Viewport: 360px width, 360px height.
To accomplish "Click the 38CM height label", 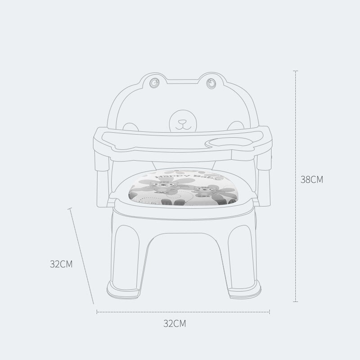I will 312,179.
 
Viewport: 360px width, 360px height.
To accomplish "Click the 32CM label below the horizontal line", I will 175,323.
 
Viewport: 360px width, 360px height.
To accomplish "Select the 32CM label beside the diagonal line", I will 61,264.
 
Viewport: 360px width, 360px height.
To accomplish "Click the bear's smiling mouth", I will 182,126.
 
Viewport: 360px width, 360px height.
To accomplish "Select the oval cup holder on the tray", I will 227,144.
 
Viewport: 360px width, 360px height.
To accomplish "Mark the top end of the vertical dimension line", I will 296,71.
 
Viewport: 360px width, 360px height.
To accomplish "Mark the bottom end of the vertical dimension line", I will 296,301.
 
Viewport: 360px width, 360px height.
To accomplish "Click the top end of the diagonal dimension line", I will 70,208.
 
